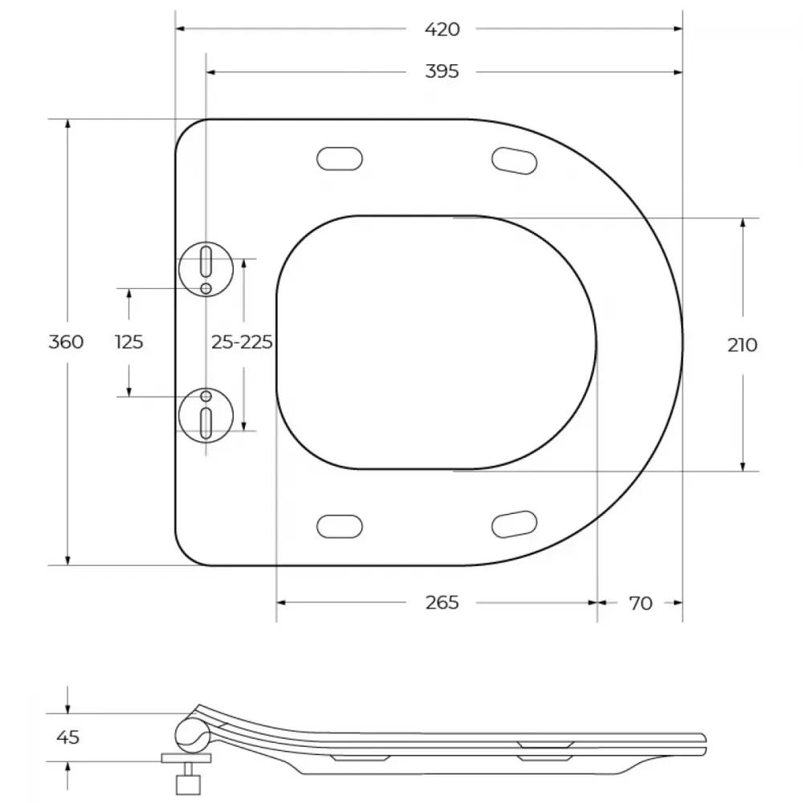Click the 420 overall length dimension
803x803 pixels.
point(442,29)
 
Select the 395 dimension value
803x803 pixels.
point(442,71)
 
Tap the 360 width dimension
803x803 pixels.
point(66,341)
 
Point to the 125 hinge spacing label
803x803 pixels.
point(129,341)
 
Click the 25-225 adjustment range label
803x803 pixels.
point(242,341)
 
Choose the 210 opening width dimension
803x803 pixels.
point(742,345)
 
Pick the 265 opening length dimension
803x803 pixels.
point(442,603)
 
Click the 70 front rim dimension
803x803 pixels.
point(641,603)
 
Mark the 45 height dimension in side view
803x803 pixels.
point(68,737)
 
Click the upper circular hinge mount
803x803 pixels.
point(206,269)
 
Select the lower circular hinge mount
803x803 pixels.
point(206,415)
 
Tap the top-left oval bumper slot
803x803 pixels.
point(340,159)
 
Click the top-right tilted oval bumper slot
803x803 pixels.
point(514,161)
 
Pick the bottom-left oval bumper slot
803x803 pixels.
point(340,527)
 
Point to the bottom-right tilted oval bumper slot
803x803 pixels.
point(514,524)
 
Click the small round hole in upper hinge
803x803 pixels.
point(206,289)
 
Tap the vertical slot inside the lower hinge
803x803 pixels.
point(206,423)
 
